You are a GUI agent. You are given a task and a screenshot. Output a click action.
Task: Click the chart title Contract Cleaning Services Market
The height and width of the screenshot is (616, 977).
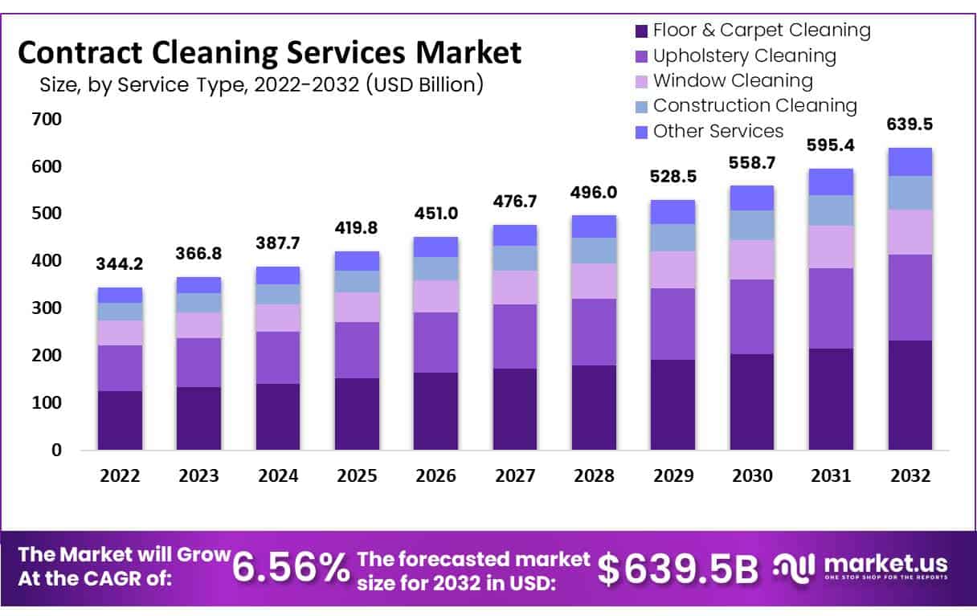coord(269,54)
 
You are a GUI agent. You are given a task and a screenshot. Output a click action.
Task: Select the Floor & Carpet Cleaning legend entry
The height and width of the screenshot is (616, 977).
coord(761,31)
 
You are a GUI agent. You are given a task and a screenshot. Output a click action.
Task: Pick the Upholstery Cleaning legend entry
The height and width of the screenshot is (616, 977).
coord(744,55)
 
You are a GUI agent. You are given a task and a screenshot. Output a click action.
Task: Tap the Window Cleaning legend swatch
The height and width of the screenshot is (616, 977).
coord(641,81)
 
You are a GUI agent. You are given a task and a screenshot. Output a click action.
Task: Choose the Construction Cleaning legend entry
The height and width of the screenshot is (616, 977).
coord(754,105)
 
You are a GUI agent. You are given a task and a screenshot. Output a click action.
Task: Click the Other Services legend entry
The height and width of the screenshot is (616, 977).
coord(717,131)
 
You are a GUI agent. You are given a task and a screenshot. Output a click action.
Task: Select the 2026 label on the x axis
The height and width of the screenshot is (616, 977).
coord(435,475)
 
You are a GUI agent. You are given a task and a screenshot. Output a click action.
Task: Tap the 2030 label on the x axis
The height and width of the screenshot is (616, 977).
coord(752,475)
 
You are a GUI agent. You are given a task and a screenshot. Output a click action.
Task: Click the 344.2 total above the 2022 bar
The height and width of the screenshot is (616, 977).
coord(120,263)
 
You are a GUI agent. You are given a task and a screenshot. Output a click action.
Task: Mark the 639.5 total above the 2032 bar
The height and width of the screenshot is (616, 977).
coord(910,124)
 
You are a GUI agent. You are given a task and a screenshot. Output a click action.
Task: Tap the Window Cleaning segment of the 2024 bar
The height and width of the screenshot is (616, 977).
coord(278,317)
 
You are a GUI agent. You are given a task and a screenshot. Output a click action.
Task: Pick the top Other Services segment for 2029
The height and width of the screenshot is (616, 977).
coord(672,211)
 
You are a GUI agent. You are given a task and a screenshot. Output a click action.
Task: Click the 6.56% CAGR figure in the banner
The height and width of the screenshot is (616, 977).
coord(291,567)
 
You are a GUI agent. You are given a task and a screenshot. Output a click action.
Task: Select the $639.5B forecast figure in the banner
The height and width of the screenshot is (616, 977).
coord(679,569)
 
